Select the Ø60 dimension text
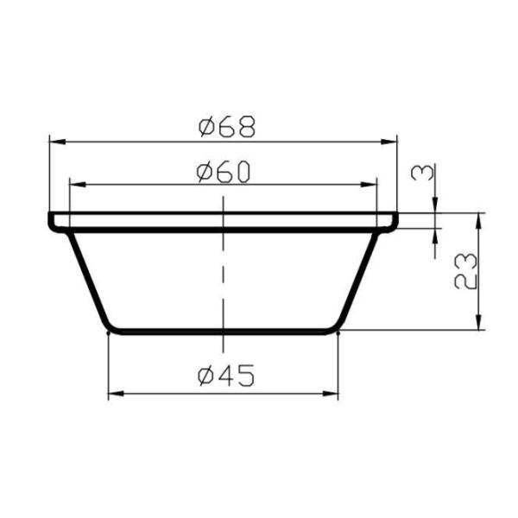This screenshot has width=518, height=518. click(223, 173)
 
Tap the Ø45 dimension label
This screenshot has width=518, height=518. click(224, 376)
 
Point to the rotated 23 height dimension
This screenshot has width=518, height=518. click(464, 271)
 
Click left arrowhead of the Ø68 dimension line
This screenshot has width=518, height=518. click(54, 139)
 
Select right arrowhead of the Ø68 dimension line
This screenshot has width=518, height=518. click(392, 139)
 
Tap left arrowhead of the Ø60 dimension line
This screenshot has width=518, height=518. click(74, 185)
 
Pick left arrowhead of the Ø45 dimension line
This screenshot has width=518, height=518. click(113, 394)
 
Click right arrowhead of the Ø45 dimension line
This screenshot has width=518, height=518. click(333, 394)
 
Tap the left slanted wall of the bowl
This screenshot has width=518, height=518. click(87, 280)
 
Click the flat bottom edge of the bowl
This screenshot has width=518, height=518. click(223, 331)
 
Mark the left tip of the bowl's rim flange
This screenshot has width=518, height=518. click(51, 220)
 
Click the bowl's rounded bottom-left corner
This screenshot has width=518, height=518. click(109, 327)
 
